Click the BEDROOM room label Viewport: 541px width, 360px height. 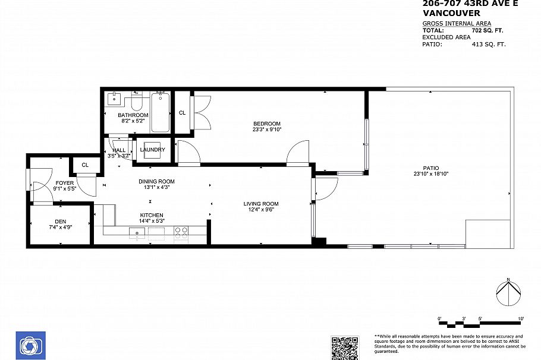click(266, 124)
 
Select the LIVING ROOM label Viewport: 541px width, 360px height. click(261, 204)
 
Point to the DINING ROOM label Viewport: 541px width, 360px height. click(156, 181)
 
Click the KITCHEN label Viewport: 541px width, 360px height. click(152, 215)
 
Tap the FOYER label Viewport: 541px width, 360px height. click(65, 183)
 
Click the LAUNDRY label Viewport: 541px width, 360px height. click(153, 150)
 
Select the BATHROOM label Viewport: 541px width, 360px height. click(133, 115)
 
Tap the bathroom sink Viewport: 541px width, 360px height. click(114, 99)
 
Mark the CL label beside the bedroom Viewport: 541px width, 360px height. click(182, 112)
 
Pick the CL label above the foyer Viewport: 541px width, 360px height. click(85, 165)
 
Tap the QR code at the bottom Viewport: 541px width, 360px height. click(345, 347)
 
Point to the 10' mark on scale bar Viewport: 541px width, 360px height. click(521, 320)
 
